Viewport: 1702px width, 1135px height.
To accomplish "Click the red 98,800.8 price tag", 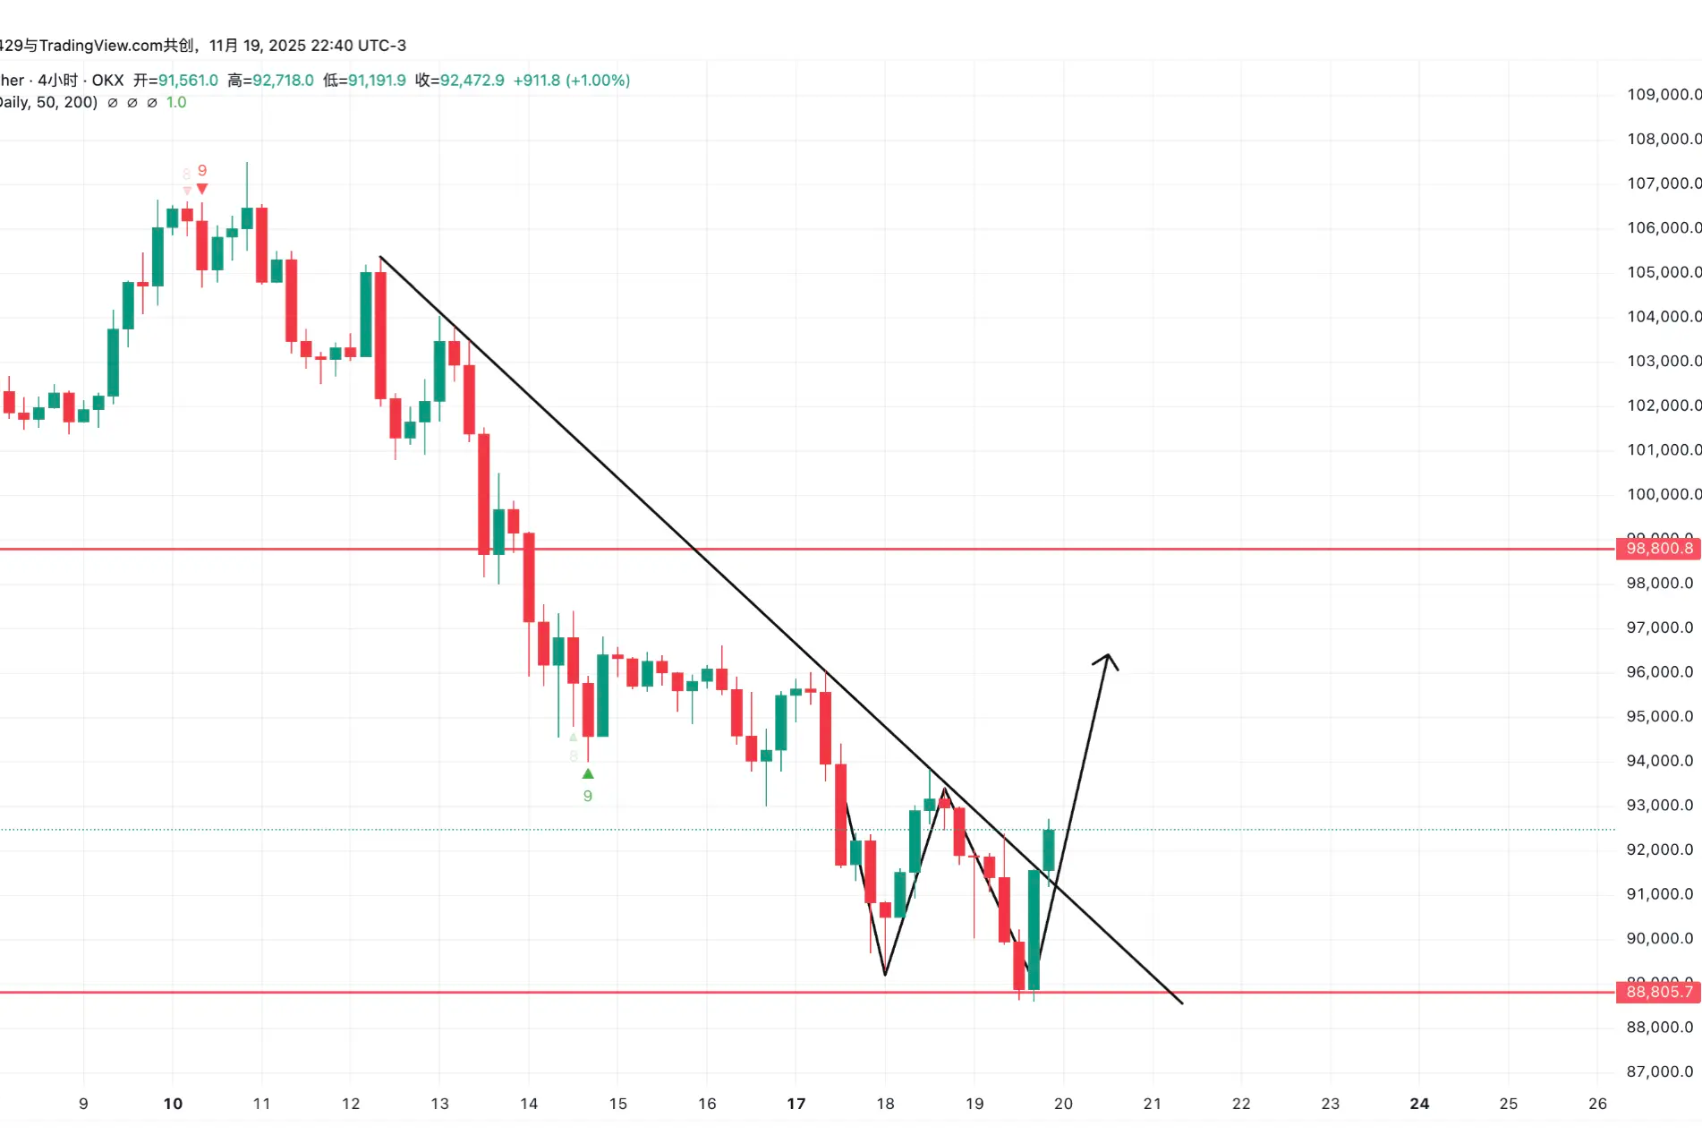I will (1658, 549).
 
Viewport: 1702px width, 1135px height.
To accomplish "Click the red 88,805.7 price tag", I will (1658, 992).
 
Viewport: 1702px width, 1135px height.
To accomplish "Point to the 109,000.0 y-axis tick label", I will (1663, 94).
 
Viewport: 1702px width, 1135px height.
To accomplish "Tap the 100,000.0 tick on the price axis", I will (1663, 494).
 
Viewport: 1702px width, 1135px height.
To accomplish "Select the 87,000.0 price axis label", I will (1659, 1071).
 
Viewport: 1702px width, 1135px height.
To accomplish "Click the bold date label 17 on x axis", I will (796, 1104).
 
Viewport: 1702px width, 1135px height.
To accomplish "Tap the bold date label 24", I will (1419, 1104).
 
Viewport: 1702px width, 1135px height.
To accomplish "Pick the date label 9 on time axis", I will (83, 1104).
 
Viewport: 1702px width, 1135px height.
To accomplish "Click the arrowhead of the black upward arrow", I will (1107, 659).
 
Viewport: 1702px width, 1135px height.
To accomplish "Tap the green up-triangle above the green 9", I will (588, 773).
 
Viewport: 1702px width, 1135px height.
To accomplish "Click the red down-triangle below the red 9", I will (202, 189).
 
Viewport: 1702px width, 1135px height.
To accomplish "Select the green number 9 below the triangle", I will (588, 796).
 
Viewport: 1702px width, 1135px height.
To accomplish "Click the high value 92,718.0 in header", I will (283, 81).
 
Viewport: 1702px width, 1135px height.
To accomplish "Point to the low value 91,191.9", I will (377, 81).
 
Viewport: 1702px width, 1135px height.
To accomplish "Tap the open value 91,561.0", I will (188, 81).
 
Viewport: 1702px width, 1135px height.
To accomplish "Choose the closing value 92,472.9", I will (472, 81).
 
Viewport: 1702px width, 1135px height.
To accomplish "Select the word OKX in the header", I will (107, 81).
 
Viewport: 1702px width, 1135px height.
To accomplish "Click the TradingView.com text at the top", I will (101, 46).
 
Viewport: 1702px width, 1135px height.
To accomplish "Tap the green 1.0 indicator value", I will (176, 103).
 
